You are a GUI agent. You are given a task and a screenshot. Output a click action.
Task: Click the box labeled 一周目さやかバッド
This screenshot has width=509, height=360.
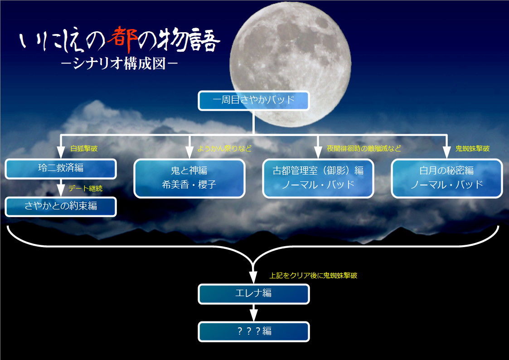[253, 101]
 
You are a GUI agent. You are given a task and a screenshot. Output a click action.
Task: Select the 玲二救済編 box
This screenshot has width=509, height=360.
[61, 169]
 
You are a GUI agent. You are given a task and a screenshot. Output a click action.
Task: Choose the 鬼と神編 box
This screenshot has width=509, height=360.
[189, 178]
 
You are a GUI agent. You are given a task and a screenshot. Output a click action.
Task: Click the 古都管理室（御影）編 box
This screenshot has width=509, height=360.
[318, 178]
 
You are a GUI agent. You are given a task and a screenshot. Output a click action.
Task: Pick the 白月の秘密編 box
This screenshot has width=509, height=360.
[446, 178]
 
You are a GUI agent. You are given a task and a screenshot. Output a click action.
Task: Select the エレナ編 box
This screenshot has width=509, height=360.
[253, 294]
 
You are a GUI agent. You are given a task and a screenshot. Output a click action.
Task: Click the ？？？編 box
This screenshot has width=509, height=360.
[253, 332]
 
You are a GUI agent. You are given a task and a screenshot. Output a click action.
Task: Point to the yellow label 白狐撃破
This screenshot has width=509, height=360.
[84, 149]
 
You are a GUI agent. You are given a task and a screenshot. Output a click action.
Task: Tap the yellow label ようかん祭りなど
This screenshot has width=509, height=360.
[224, 149]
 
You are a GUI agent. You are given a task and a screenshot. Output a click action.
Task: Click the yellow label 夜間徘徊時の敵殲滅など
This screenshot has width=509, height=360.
[364, 149]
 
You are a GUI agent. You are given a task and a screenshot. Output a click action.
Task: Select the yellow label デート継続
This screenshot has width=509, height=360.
[85, 189]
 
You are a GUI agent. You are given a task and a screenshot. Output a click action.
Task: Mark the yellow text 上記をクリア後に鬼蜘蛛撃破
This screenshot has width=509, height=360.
[313, 276]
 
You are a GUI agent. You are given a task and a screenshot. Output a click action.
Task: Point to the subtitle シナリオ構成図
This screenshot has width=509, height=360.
[119, 63]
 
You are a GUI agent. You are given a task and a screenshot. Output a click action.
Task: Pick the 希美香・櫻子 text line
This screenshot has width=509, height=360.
[189, 185]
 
